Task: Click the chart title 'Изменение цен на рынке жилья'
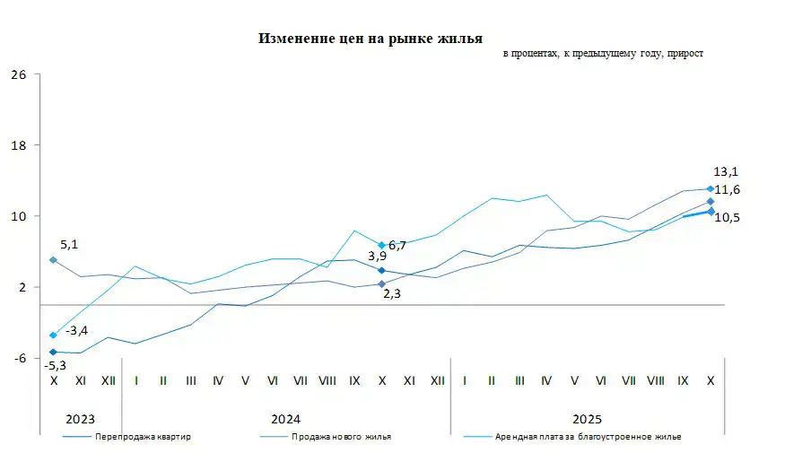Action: tap(371, 39)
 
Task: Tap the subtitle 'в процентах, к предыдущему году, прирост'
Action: tap(603, 54)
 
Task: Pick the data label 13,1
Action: tap(725, 171)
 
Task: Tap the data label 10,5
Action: tap(728, 217)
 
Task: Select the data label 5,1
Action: tap(69, 243)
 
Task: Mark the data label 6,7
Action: tap(397, 245)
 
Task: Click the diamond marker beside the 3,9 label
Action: tap(382, 270)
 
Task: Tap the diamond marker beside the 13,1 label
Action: tap(711, 188)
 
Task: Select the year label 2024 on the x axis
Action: tap(286, 419)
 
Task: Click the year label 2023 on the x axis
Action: tap(81, 419)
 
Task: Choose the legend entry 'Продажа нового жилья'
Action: tap(340, 437)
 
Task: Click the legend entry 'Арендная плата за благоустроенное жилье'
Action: tap(588, 437)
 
